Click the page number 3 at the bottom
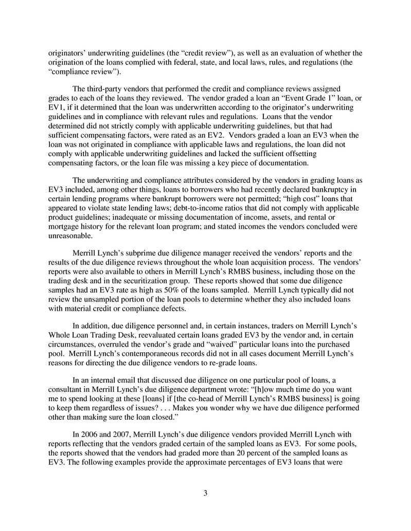(205, 494)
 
